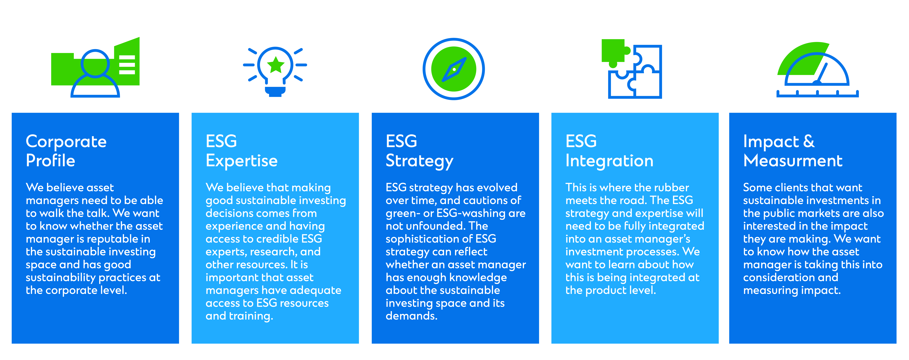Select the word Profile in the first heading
[x=51, y=161]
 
